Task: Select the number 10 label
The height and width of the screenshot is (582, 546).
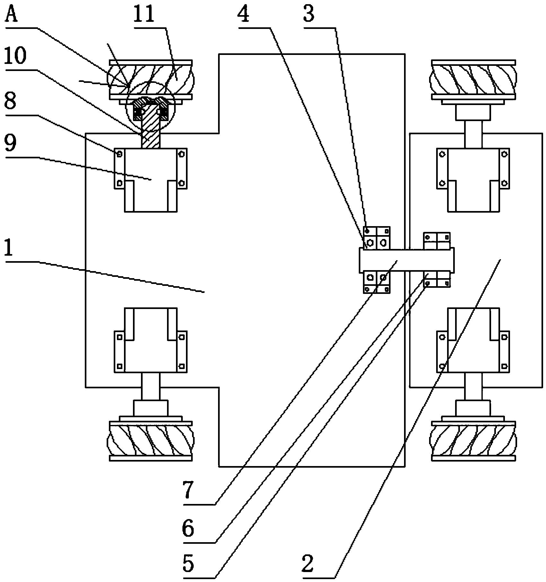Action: (x=15, y=57)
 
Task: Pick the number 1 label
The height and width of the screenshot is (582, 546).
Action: (x=10, y=249)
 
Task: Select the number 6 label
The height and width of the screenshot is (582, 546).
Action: (x=189, y=529)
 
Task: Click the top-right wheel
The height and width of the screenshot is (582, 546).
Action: (x=473, y=79)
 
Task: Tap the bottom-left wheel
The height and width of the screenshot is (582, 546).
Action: (x=151, y=441)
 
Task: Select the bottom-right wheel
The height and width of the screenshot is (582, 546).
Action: (x=473, y=441)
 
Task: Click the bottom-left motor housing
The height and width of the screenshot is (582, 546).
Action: (x=151, y=340)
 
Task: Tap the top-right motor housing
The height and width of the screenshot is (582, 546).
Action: (x=473, y=180)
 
